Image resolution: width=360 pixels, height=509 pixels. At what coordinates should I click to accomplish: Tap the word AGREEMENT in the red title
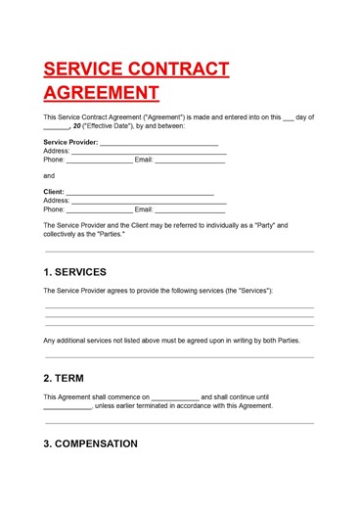[101, 93]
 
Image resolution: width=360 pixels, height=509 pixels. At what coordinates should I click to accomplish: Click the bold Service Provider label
[70, 142]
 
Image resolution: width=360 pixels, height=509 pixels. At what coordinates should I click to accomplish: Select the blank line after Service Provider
[158, 143]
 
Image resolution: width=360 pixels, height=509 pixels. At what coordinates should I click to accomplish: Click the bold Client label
[55, 192]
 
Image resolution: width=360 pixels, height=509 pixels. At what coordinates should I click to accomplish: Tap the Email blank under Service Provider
[191, 161]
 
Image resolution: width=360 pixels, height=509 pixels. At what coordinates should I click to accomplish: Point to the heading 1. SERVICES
[75, 272]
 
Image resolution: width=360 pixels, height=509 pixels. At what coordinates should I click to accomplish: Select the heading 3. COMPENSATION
[91, 443]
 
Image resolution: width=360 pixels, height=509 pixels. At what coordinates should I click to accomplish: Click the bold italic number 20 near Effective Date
[77, 126]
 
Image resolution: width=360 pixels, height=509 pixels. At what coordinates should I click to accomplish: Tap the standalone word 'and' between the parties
[50, 175]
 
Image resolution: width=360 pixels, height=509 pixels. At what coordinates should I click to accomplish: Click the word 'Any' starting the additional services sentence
[50, 341]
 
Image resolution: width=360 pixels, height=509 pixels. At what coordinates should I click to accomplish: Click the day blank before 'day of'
[288, 117]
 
